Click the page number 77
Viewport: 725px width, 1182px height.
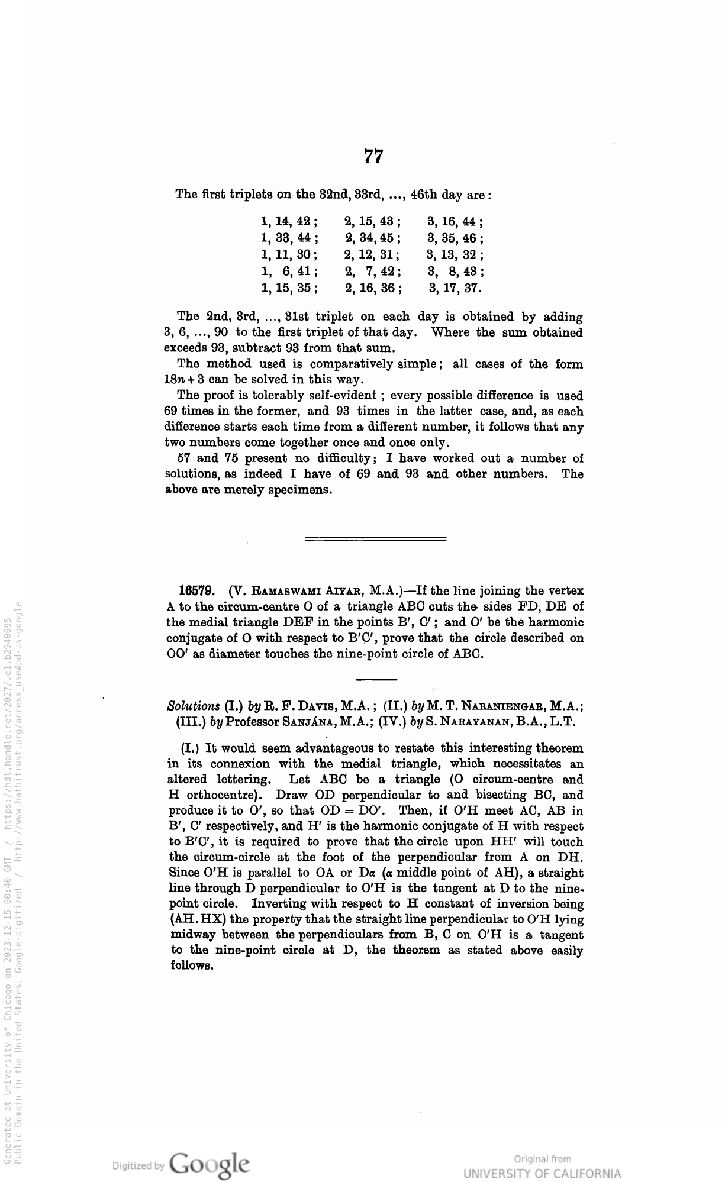[373, 156]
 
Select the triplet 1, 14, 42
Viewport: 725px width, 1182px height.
[289, 222]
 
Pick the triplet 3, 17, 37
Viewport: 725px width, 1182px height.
[455, 289]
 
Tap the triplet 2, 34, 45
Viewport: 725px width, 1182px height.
[373, 239]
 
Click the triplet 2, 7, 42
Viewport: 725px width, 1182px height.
[373, 272]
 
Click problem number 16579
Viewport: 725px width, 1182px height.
[200, 590]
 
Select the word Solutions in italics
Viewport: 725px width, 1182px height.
[194, 706]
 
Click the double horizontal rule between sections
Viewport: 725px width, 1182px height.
[375, 538]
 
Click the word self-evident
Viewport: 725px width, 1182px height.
[340, 396]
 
